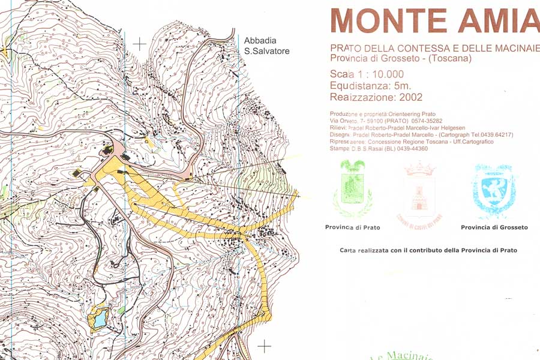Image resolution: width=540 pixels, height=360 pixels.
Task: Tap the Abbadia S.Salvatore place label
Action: pyautogui.click(x=266, y=46)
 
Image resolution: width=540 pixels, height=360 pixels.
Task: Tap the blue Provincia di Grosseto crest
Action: pyautogui.click(x=494, y=191)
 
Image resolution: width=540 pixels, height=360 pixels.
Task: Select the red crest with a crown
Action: pyautogui.click(x=419, y=191)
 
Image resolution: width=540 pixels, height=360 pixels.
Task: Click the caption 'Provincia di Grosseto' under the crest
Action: pyautogui.click(x=494, y=227)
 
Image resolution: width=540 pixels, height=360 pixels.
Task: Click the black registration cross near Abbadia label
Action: pyautogui.click(x=140, y=44)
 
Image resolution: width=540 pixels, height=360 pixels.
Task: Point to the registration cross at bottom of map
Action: pyautogui.click(x=264, y=346)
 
